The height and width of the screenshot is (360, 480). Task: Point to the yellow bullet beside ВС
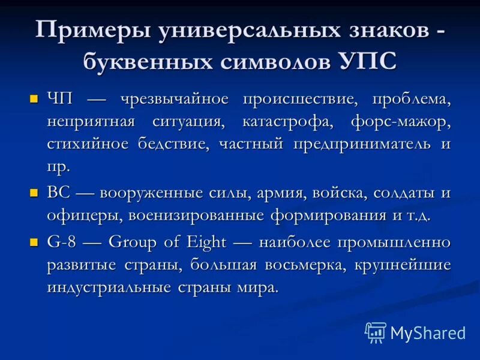pos(34,193)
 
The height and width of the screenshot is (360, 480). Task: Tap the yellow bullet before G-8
pos(34,242)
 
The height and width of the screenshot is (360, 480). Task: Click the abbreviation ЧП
pos(59,99)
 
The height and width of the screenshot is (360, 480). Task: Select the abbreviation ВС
pos(59,194)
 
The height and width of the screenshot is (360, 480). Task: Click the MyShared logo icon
pos(376,332)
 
